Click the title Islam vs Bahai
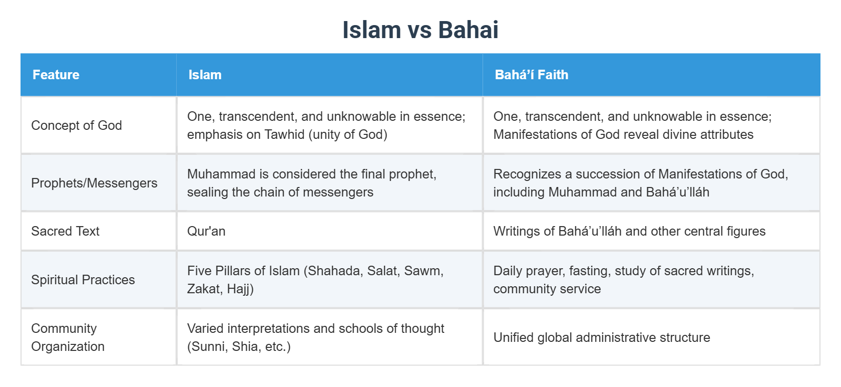(420, 30)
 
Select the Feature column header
(56, 75)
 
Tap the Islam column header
(205, 75)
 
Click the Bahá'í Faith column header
(531, 75)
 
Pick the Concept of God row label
(77, 125)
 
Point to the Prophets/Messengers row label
(94, 183)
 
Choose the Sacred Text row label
(65, 231)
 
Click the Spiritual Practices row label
(83, 280)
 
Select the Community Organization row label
(68, 337)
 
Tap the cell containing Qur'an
(206, 231)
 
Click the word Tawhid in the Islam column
(284, 134)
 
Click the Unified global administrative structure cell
(602, 337)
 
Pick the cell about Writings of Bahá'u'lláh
(629, 231)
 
